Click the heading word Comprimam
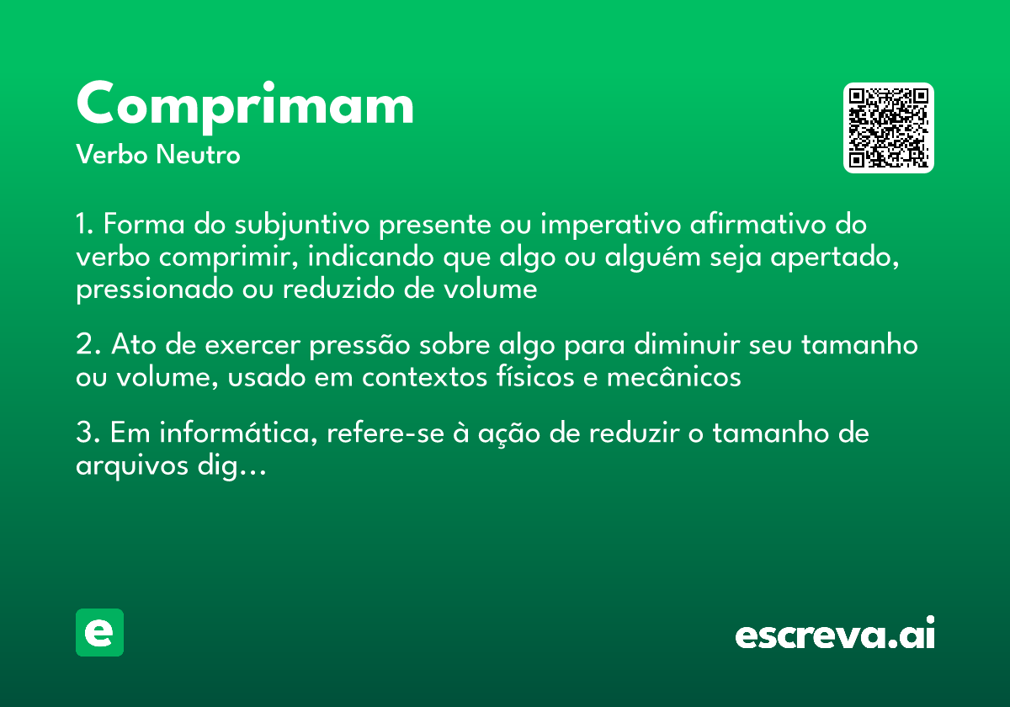(x=245, y=105)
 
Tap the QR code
(x=889, y=128)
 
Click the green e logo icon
(x=99, y=632)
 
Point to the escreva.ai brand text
(x=835, y=634)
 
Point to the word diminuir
(x=680, y=345)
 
